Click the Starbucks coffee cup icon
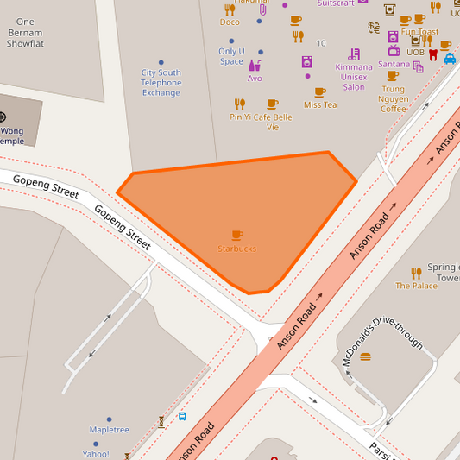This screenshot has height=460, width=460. coord(237,235)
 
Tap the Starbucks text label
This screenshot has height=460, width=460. coord(236,249)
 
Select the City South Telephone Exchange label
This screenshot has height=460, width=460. coord(161,83)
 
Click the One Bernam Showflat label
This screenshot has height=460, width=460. coord(25,32)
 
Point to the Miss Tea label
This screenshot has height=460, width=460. coord(320,105)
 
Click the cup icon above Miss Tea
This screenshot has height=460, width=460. coord(320,91)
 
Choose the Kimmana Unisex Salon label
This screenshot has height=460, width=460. coord(354,77)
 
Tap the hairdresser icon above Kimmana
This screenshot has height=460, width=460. coord(354,54)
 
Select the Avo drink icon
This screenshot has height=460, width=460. coord(255,65)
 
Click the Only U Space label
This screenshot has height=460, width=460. coord(231,56)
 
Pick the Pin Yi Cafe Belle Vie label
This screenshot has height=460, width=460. coord(261,122)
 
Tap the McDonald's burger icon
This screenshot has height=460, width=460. coord(365,356)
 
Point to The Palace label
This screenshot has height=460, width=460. coord(417,286)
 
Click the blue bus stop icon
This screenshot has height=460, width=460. coord(182,416)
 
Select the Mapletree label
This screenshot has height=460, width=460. coord(110,430)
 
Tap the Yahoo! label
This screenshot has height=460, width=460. coord(96,454)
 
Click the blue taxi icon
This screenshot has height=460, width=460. coord(450,59)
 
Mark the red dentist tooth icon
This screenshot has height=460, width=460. coord(433,54)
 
